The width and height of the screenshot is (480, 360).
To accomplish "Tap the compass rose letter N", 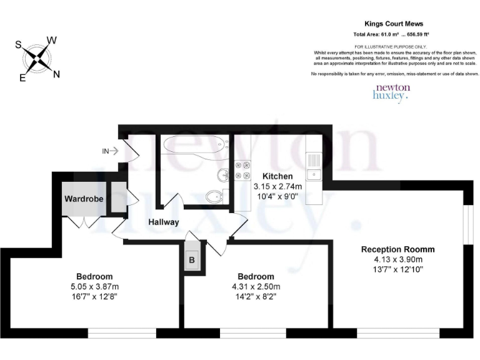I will pyautogui.click(x=56, y=74).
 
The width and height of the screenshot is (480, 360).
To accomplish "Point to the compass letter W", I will pyautogui.click(x=52, y=41).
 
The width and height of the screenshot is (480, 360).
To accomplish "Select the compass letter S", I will pyautogui.click(x=19, y=45).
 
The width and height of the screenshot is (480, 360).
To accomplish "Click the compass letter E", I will pyautogui.click(x=22, y=78).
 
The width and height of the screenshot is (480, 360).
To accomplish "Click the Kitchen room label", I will pyautogui.click(x=277, y=176).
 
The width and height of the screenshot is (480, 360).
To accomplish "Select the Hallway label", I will pyautogui.click(x=164, y=222).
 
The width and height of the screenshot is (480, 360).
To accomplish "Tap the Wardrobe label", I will pyautogui.click(x=83, y=199).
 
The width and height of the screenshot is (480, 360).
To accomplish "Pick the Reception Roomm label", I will pyautogui.click(x=397, y=249).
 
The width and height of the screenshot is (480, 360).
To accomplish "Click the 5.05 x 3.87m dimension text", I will pyautogui.click(x=94, y=287).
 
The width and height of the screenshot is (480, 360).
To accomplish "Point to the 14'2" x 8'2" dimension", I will pyautogui.click(x=256, y=297).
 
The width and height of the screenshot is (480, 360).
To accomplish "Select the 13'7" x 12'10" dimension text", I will pyautogui.click(x=398, y=269).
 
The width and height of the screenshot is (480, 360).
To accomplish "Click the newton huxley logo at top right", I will pyautogui.click(x=392, y=93).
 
